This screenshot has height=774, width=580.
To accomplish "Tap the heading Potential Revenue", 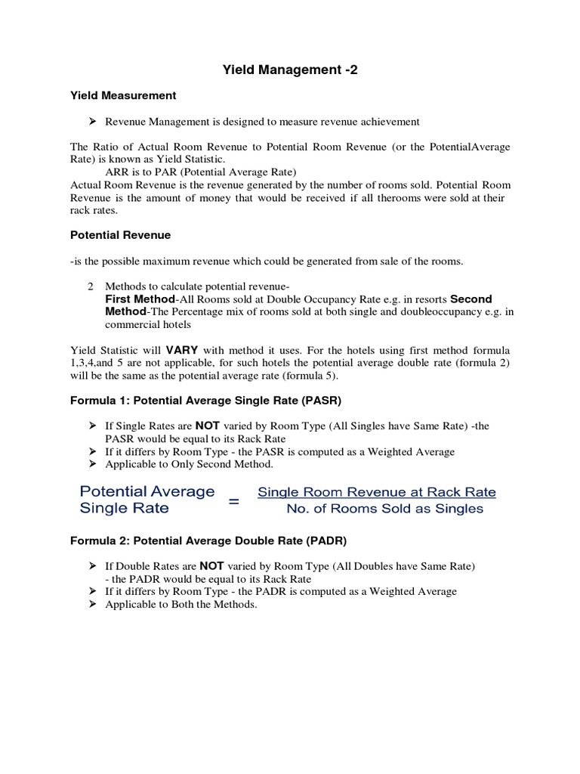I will (120, 235).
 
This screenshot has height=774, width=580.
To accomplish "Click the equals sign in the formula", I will (234, 500).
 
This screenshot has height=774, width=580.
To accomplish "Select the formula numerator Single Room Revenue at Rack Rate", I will (377, 492).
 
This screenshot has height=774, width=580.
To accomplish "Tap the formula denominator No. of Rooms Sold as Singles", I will (384, 509).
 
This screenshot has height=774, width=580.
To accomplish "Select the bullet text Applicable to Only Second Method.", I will (189, 464).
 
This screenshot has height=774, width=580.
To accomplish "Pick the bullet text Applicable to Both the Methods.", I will (181, 605).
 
